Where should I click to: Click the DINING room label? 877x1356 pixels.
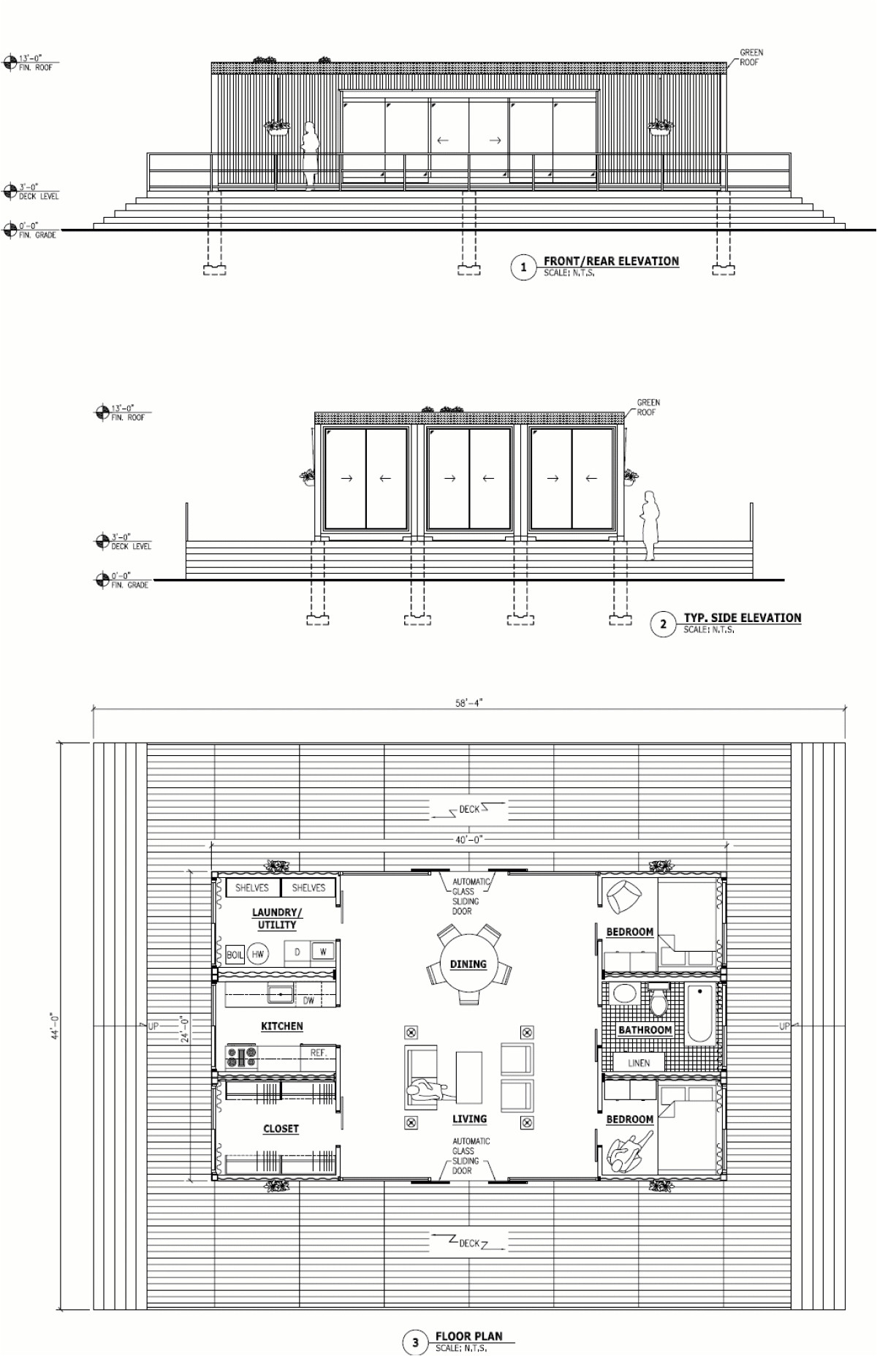click(468, 964)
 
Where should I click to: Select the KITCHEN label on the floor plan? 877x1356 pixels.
click(281, 1026)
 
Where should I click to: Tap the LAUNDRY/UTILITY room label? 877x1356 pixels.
click(277, 918)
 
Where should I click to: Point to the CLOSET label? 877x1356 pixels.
click(281, 1129)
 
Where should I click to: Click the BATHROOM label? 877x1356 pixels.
click(645, 1030)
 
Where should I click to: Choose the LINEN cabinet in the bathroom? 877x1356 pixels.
click(639, 1063)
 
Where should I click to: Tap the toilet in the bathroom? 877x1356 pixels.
click(659, 1001)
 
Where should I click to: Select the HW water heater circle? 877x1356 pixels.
click(257, 954)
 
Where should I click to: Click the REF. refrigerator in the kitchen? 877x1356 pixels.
click(319, 1053)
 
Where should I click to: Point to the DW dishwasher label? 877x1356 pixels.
click(308, 1001)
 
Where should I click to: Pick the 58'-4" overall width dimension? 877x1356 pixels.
click(468, 702)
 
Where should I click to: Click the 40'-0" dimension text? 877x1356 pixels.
click(468, 840)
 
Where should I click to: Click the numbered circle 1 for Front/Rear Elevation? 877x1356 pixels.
click(523, 268)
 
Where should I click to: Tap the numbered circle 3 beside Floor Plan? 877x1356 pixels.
click(415, 1342)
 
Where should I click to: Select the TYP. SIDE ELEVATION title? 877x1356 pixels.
click(742, 618)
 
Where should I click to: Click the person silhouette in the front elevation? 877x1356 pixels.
click(311, 156)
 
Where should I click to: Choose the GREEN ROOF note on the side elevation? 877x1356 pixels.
click(648, 407)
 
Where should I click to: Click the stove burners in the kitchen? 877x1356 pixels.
click(242, 1056)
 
